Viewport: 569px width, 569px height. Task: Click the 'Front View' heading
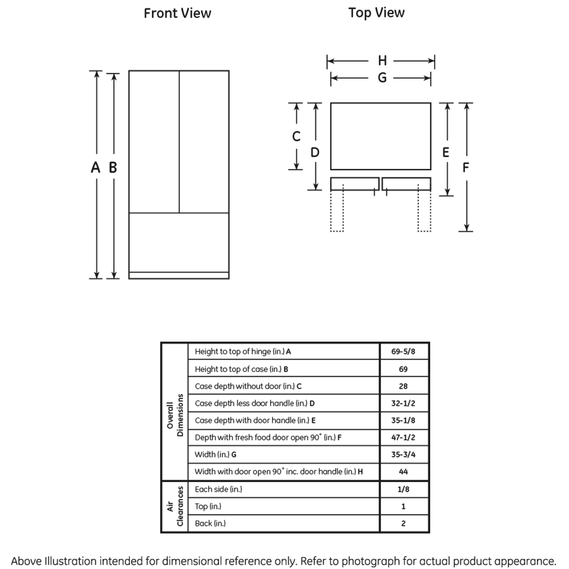click(x=177, y=13)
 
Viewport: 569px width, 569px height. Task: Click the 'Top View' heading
click(x=376, y=13)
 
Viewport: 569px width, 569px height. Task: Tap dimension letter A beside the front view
click(x=96, y=168)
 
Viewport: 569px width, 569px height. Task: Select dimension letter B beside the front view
click(x=113, y=168)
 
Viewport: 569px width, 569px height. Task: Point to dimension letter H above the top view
click(x=382, y=60)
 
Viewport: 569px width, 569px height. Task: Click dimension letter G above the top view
click(x=382, y=78)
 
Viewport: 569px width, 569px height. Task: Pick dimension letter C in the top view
click(x=296, y=136)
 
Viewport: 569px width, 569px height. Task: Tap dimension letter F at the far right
click(x=465, y=168)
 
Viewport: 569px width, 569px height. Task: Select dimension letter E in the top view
click(x=446, y=152)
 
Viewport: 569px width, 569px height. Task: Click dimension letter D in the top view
click(x=315, y=152)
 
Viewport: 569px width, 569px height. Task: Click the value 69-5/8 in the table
click(x=403, y=352)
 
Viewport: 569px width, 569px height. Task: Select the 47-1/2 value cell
click(x=403, y=437)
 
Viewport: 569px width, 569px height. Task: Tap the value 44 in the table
click(x=403, y=472)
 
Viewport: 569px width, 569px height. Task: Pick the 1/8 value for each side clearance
click(x=403, y=489)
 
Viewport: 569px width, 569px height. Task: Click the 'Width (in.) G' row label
click(x=216, y=454)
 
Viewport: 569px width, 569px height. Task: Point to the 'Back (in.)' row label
click(x=210, y=523)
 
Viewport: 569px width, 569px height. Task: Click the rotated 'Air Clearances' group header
click(x=175, y=506)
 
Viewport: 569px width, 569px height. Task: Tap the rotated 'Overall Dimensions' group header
click(x=175, y=415)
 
